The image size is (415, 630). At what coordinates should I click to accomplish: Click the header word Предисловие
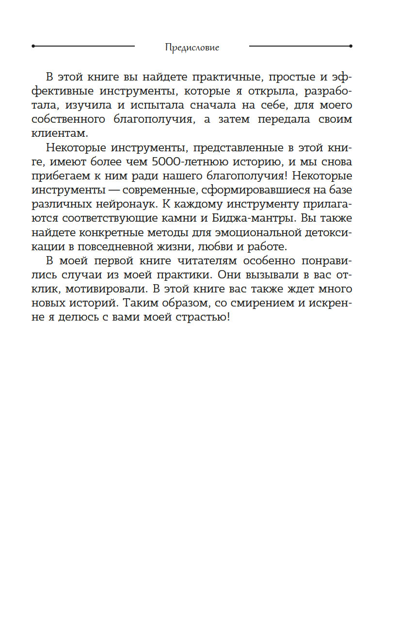(192, 48)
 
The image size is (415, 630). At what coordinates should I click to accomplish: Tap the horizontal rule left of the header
(83, 46)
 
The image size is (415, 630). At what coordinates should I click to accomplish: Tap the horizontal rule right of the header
(301, 46)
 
